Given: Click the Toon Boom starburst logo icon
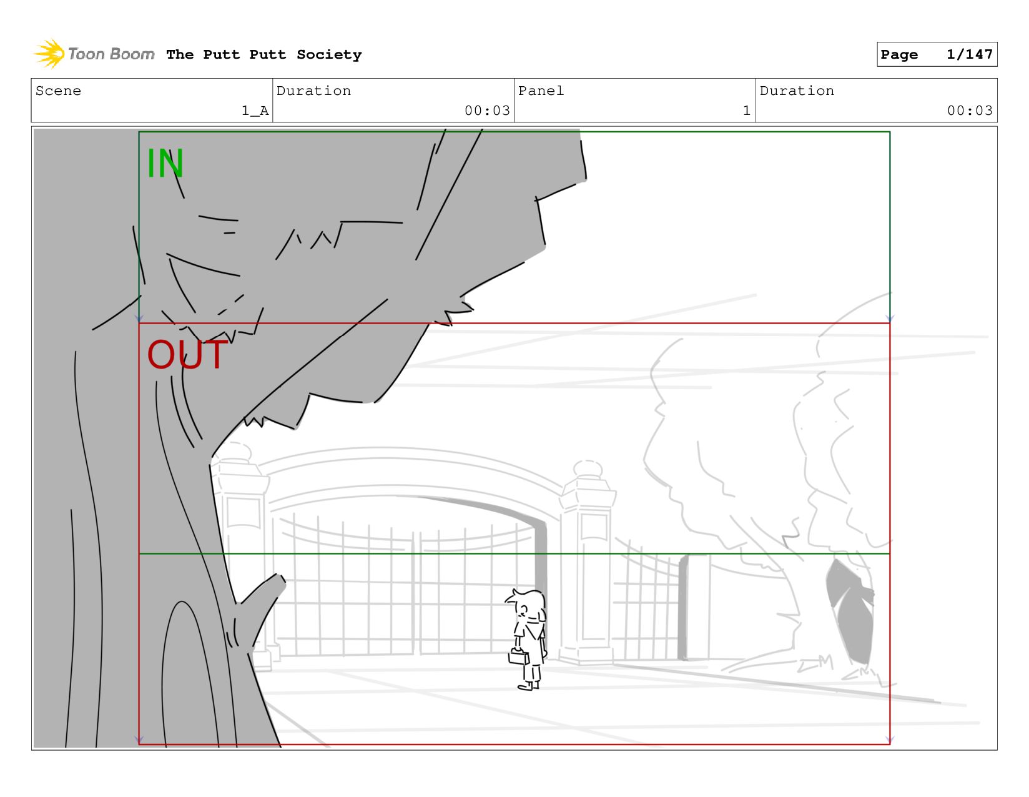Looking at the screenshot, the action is coord(49,54).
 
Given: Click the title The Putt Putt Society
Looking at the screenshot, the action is coord(263,54).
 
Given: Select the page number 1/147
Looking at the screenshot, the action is coord(969,54).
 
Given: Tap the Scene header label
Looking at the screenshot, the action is coord(58,91).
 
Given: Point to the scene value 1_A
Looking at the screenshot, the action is coord(255,111).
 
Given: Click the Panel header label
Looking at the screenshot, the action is coord(541,91).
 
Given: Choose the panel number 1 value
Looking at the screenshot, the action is coord(747,111).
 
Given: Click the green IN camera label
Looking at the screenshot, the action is coord(165,163).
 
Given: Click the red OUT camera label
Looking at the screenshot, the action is coord(187,354).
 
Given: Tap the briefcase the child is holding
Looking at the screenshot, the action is coord(518,657).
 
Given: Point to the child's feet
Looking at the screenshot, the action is coord(529,685).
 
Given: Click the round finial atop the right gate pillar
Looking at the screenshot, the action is coord(588,468).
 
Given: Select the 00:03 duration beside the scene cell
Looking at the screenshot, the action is coord(487,111).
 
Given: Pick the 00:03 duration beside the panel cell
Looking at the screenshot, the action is coord(969,111).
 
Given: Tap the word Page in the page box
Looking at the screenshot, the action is coord(899,54).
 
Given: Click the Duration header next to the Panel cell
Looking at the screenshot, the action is coord(797,91).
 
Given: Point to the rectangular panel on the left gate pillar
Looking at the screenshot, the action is coord(243,512).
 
